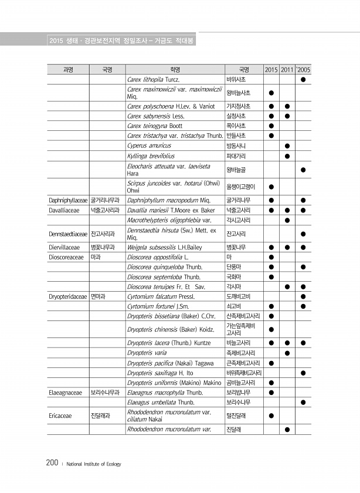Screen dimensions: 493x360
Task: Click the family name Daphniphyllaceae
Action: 67,200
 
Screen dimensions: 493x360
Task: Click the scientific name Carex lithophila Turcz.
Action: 152,79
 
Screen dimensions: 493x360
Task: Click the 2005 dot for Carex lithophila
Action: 303,79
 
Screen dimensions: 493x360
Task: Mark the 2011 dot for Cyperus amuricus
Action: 287,145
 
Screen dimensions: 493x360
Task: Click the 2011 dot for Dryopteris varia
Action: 287,353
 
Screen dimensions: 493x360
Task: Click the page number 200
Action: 52,464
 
